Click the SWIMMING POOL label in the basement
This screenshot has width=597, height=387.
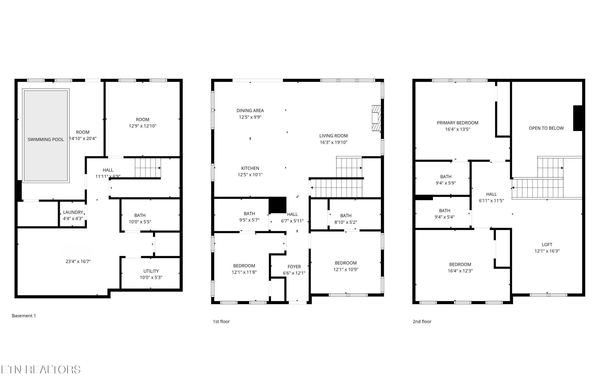point(46,140)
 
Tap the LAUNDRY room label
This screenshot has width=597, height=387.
point(73,212)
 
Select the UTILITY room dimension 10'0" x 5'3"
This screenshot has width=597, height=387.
point(151,277)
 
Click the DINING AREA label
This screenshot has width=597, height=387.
point(250,111)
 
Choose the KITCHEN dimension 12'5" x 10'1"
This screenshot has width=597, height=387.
point(250,175)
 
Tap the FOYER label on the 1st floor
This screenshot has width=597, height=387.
point(294,267)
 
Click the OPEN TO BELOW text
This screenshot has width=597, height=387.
point(546,128)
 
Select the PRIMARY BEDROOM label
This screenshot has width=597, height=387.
point(457,123)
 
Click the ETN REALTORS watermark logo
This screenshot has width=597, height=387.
point(41,370)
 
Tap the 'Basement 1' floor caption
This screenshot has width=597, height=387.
point(24,316)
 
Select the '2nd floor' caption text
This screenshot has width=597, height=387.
point(422,321)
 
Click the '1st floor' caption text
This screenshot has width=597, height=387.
point(221,321)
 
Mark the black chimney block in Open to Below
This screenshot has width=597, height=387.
point(578,118)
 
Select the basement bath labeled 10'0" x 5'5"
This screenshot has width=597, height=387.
point(140,218)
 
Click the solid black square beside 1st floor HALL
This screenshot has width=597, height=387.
point(277,205)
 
